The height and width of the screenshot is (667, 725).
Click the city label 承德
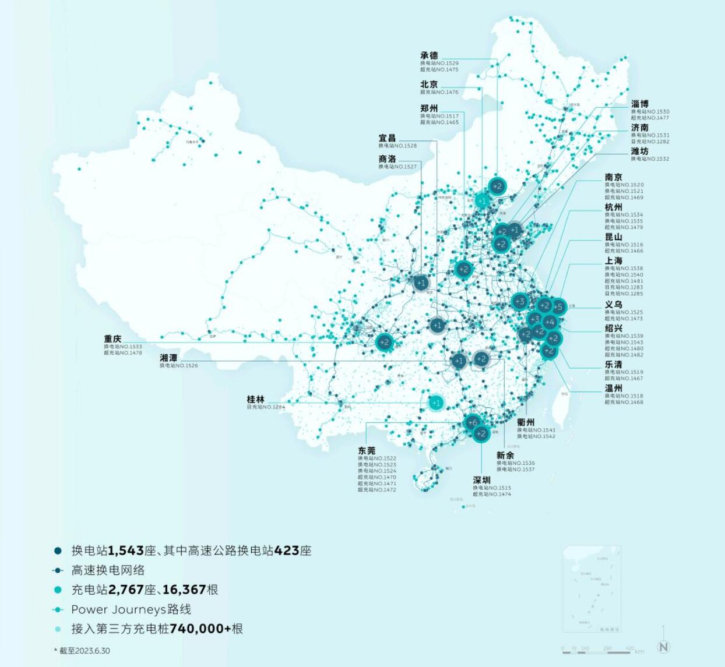(429, 56)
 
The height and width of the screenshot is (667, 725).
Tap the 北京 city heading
(429, 84)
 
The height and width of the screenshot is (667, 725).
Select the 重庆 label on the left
(112, 338)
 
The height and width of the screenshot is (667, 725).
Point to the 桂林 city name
(255, 399)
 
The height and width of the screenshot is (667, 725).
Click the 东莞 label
(367, 450)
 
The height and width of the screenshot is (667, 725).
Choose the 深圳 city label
(481, 480)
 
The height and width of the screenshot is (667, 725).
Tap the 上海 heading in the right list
(613, 260)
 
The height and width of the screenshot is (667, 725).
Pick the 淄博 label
(639, 104)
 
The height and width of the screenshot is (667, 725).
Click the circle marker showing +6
(472, 422)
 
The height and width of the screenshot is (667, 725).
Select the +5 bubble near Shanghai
(558, 307)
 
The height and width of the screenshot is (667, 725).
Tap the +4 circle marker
(550, 322)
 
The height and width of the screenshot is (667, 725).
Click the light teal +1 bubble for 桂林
(436, 403)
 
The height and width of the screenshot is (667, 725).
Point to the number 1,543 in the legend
(126, 550)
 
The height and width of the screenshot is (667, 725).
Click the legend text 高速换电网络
(108, 570)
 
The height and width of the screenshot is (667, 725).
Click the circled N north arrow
(663, 646)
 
